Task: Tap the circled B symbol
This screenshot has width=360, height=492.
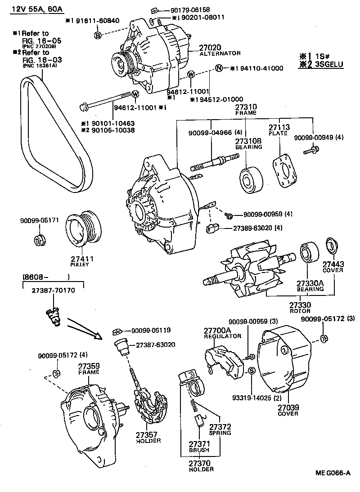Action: (98, 35)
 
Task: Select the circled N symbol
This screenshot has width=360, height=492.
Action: (219, 68)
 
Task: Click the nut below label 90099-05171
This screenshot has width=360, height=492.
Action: (40, 240)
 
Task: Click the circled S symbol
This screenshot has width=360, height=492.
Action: (252, 370)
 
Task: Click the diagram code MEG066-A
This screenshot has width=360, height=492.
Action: (332, 473)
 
